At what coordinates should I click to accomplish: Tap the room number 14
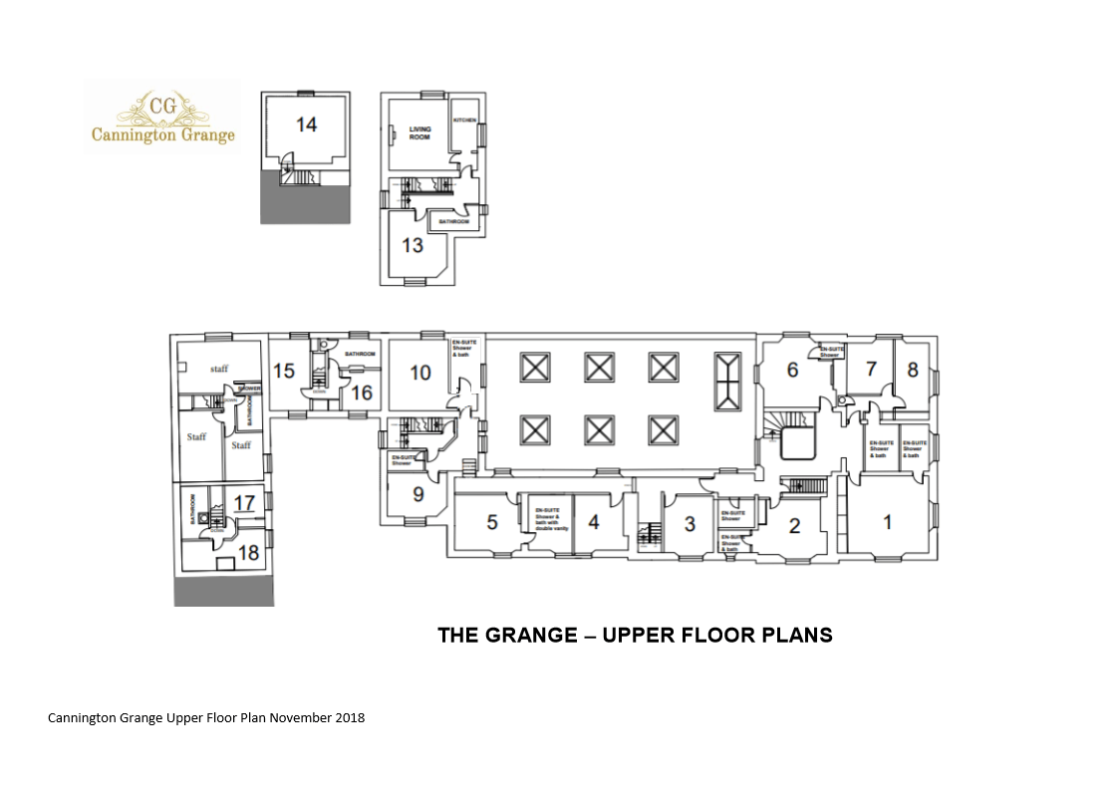[x=306, y=125]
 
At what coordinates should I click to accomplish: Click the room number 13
[x=413, y=244]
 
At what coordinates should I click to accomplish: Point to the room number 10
[x=420, y=373]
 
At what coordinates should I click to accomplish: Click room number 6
[x=792, y=370]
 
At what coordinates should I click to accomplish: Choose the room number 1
[x=888, y=522]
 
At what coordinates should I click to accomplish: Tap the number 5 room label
[x=491, y=521]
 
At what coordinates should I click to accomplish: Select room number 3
[x=689, y=522]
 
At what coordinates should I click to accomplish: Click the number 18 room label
[x=247, y=554]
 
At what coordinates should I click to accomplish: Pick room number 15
[x=284, y=371]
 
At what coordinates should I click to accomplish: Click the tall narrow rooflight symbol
[x=727, y=382]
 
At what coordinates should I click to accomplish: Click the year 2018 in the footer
[x=349, y=717]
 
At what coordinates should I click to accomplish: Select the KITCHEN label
[x=465, y=121]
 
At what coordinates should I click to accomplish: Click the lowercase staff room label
[x=218, y=369]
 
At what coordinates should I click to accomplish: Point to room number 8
[x=912, y=369]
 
